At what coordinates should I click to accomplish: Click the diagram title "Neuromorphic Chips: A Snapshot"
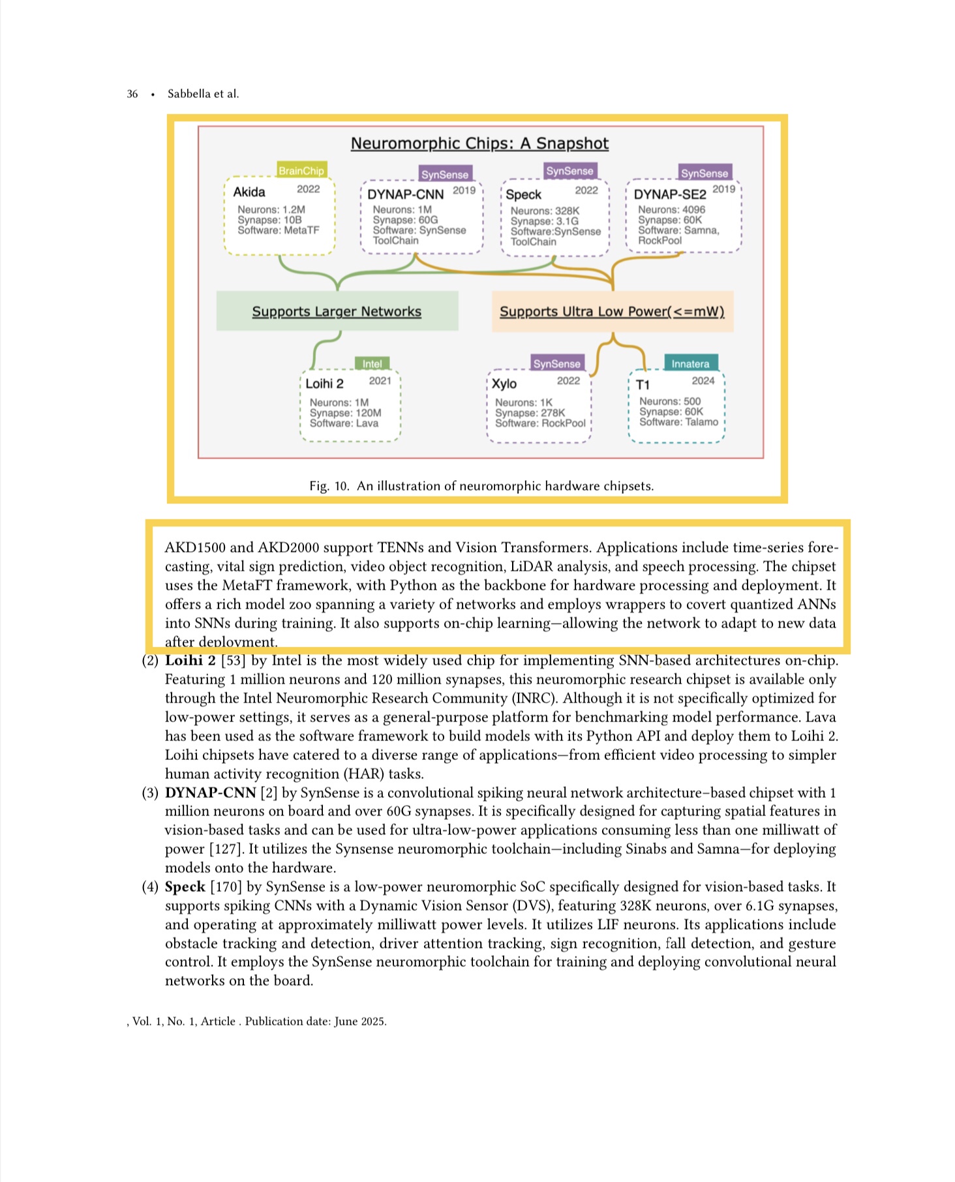479,144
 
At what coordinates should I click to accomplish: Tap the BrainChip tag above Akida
301,171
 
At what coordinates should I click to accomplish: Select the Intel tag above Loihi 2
372,364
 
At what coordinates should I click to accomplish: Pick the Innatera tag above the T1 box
690,364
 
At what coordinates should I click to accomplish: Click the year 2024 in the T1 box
703,381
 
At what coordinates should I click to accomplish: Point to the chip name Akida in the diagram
249,192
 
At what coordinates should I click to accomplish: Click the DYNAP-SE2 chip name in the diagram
670,194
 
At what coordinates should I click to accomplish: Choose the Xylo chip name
504,384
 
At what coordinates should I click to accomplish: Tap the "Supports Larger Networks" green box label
337,312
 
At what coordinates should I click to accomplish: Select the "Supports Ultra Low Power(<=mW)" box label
612,312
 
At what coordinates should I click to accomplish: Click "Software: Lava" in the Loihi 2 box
344,423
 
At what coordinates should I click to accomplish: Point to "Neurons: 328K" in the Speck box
545,211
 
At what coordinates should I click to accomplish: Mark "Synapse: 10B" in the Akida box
269,220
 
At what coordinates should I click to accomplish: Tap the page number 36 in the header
132,94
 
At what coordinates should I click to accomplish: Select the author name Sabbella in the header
189,94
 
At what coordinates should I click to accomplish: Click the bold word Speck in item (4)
185,887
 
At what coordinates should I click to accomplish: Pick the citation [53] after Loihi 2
234,661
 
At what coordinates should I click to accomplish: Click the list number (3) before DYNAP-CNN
150,793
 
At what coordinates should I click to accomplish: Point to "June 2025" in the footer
360,1022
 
